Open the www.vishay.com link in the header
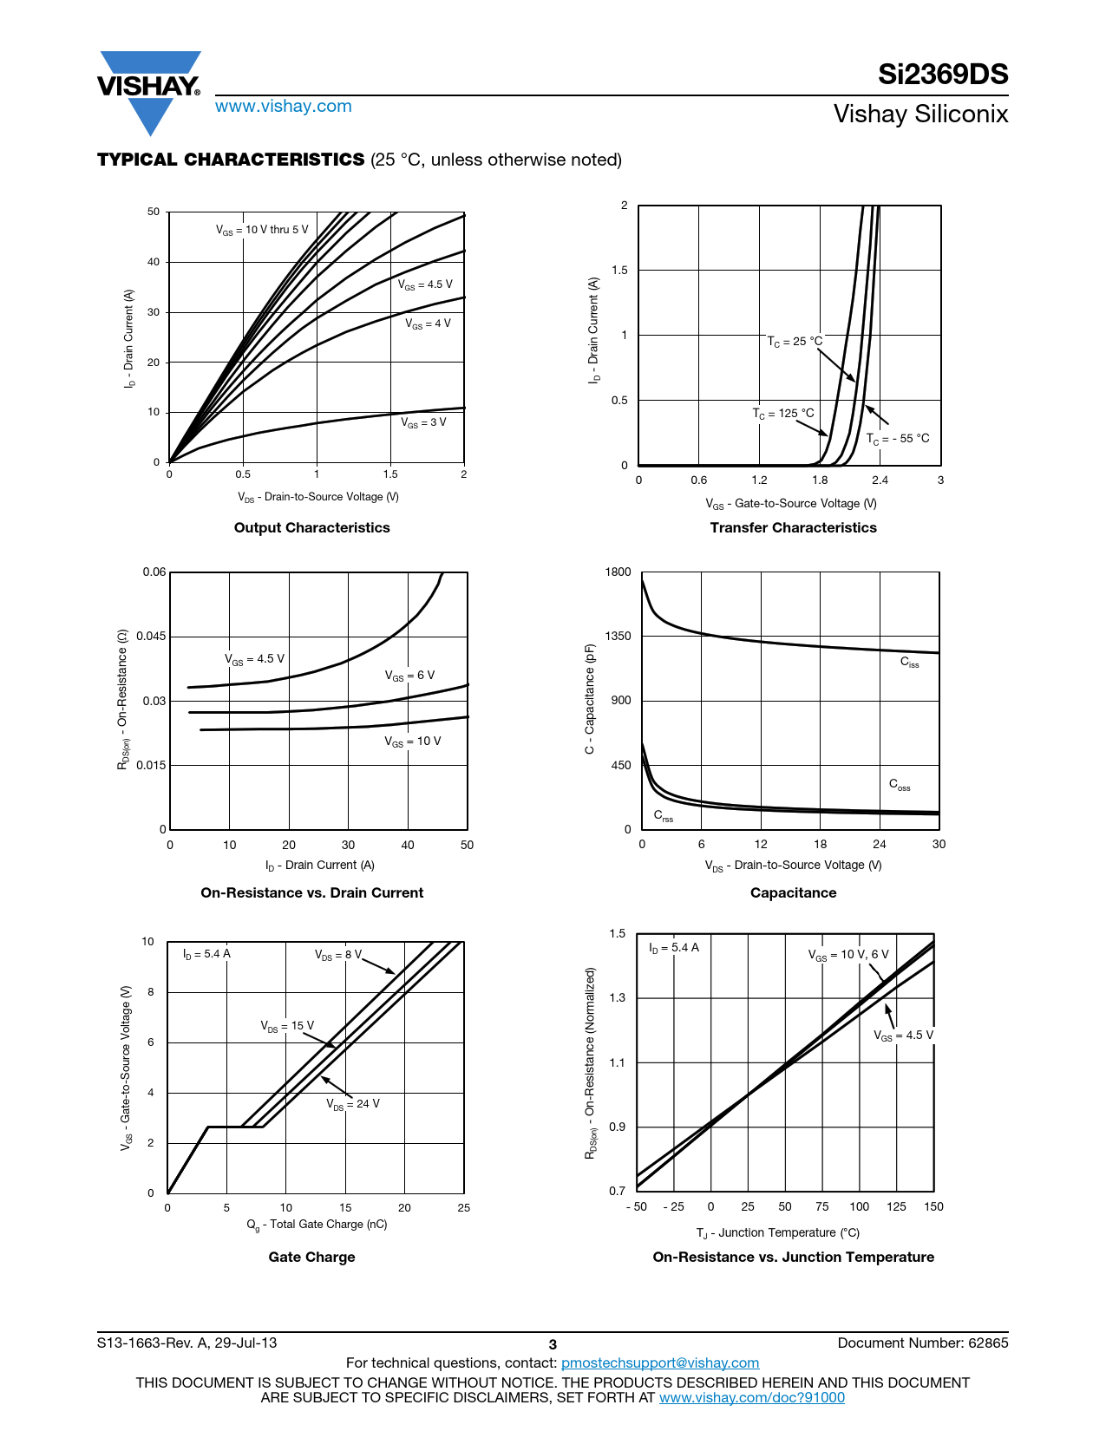(284, 106)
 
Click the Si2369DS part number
(943, 74)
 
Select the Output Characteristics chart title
(312, 527)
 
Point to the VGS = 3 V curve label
(423, 422)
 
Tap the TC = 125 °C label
(783, 414)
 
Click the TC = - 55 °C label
(898, 439)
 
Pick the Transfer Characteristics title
(793, 527)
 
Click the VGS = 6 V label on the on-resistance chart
(409, 676)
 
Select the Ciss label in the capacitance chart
(909, 663)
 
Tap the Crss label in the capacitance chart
(664, 816)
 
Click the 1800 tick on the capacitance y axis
(618, 572)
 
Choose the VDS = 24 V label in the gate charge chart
(353, 1104)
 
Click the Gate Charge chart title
(312, 1257)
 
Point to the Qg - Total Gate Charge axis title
(317, 1225)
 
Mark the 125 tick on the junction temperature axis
(896, 1206)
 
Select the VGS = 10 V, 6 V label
(848, 955)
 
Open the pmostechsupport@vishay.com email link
(660, 1362)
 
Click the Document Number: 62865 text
(923, 1343)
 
